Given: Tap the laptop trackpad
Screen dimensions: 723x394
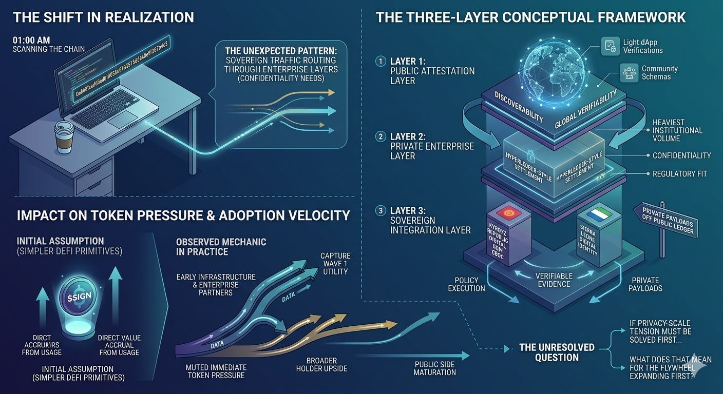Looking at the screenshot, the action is point(123,119).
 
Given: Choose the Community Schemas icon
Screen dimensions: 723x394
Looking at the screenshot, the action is point(629,72).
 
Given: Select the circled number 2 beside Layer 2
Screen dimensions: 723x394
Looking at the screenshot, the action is point(380,137).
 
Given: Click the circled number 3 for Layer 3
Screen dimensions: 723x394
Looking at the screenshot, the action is point(380,210).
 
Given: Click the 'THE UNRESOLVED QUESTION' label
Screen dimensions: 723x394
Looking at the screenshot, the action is point(557,352).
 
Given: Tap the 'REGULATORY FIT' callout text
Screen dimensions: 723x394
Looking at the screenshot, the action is point(679,174).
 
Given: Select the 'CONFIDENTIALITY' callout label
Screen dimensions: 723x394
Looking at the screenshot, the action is point(681,155).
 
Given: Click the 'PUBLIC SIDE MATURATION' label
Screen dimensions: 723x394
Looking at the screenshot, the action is point(434,368).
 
